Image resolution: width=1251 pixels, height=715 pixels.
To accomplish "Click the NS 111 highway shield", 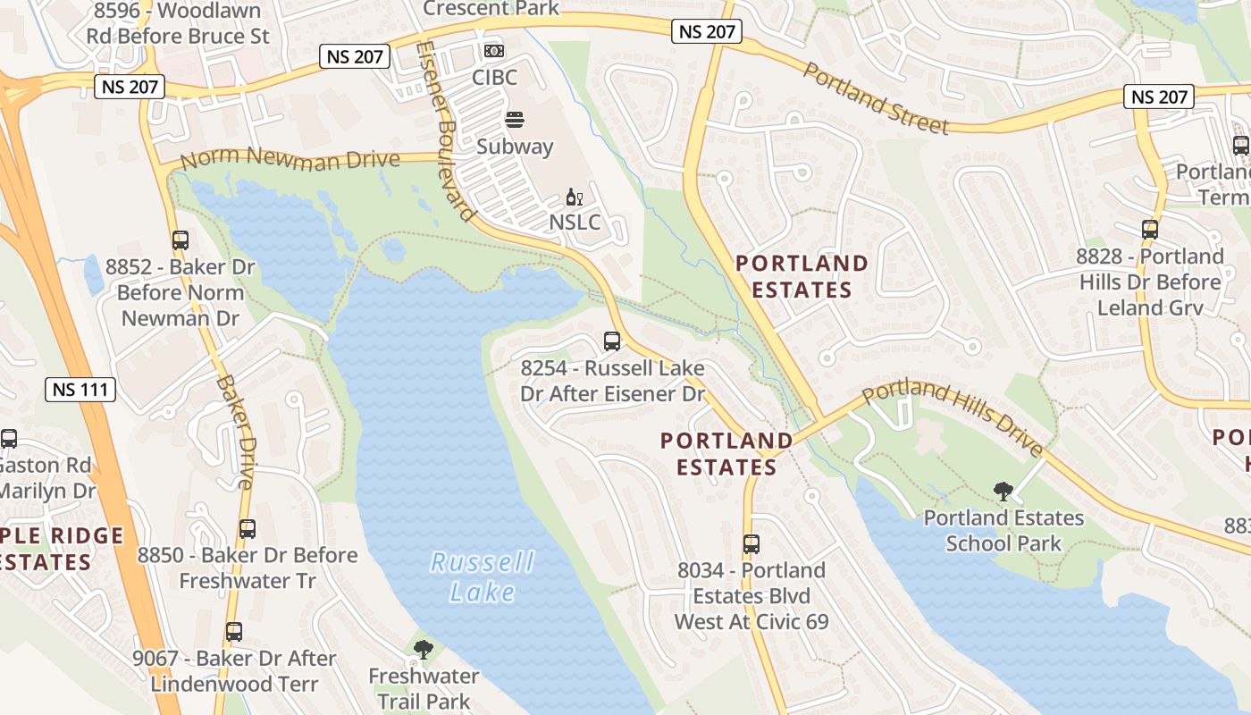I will (x=80, y=390).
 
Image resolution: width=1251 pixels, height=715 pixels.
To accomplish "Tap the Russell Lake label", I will (x=483, y=576).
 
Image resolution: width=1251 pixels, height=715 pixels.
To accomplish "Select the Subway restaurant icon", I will (x=514, y=120).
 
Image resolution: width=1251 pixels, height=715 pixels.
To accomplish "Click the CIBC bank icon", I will (x=493, y=51).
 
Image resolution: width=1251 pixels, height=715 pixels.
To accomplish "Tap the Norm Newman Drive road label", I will (x=290, y=159).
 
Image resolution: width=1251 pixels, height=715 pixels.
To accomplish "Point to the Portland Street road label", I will (x=875, y=97).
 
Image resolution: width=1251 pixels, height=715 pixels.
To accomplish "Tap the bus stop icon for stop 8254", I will (x=612, y=341).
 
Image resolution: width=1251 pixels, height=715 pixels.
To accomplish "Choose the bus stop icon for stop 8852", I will (x=181, y=240).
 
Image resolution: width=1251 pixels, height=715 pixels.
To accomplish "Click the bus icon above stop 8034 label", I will (x=751, y=543).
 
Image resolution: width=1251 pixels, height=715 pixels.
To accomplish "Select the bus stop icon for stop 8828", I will (x=1150, y=229).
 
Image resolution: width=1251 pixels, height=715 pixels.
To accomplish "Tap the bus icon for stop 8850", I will (x=248, y=528).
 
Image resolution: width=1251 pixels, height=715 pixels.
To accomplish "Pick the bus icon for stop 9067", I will (x=234, y=632).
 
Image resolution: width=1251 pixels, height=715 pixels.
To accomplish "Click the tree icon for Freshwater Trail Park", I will (x=424, y=650).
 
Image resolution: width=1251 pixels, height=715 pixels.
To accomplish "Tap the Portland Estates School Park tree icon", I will (x=1003, y=491).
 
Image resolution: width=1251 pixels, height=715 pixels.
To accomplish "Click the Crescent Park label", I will (x=491, y=9).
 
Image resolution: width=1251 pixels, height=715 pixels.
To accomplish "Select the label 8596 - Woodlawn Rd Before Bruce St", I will (x=178, y=24).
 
